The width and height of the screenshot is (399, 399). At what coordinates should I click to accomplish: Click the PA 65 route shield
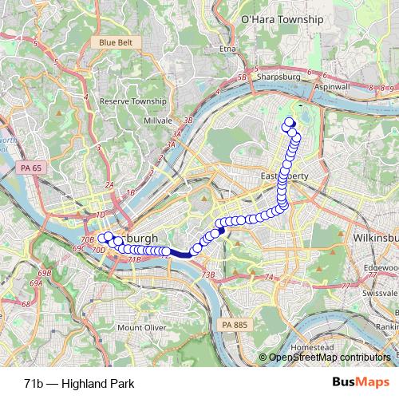coord(27,168)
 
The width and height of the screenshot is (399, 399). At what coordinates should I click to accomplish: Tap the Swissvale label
coord(379,294)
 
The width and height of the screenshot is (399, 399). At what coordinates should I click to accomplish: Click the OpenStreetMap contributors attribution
coord(328,358)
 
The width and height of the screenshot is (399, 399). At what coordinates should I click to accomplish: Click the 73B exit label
coord(208,275)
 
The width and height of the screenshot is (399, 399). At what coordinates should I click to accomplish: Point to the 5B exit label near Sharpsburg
coord(243,77)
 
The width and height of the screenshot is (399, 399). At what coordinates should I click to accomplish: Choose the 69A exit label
coord(35,283)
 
